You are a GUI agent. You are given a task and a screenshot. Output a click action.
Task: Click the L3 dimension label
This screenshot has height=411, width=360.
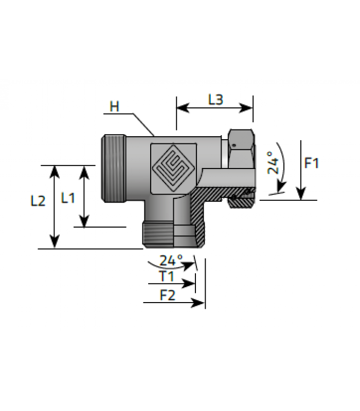(x=215, y=100)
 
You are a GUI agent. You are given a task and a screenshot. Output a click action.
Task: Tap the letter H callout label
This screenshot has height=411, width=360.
(x=114, y=107)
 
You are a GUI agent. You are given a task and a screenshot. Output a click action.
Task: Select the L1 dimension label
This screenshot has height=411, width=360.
(x=68, y=198)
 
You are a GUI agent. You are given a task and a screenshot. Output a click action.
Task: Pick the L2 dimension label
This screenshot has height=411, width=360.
(x=38, y=201)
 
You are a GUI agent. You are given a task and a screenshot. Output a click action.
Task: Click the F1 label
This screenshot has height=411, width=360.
(x=312, y=163)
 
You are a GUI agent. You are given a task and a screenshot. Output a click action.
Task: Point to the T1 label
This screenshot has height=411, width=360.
(x=167, y=276)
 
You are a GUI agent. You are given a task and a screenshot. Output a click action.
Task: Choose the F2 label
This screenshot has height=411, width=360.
(x=168, y=295)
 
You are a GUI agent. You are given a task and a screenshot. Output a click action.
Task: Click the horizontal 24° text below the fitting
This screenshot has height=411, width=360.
(x=171, y=260)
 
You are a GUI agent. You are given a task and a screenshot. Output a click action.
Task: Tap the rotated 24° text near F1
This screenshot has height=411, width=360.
(x=273, y=162)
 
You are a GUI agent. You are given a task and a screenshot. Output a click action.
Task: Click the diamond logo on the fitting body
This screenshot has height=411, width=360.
(x=173, y=169)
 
